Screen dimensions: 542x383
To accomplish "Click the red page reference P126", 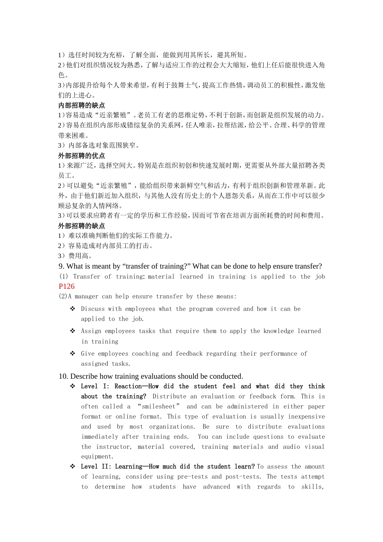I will point(67,286).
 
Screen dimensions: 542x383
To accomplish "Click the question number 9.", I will point(61,266).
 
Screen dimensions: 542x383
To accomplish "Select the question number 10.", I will point(63,376).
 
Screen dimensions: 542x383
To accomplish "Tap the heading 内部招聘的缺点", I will point(81,105).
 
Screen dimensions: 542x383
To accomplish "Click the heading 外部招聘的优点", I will point(81,156).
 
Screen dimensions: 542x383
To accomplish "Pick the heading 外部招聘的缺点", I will point(81,226).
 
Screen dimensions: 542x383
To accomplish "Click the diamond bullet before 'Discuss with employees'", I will point(73,309).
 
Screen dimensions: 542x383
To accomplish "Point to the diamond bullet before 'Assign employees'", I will point(73,331).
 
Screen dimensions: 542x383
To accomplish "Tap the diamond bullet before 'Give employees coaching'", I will point(73,353).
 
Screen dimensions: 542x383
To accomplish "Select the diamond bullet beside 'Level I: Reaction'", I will point(73,386).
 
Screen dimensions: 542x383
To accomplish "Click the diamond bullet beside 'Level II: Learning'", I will point(73,466).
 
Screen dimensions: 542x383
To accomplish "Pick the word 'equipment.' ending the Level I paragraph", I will point(97,457).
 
